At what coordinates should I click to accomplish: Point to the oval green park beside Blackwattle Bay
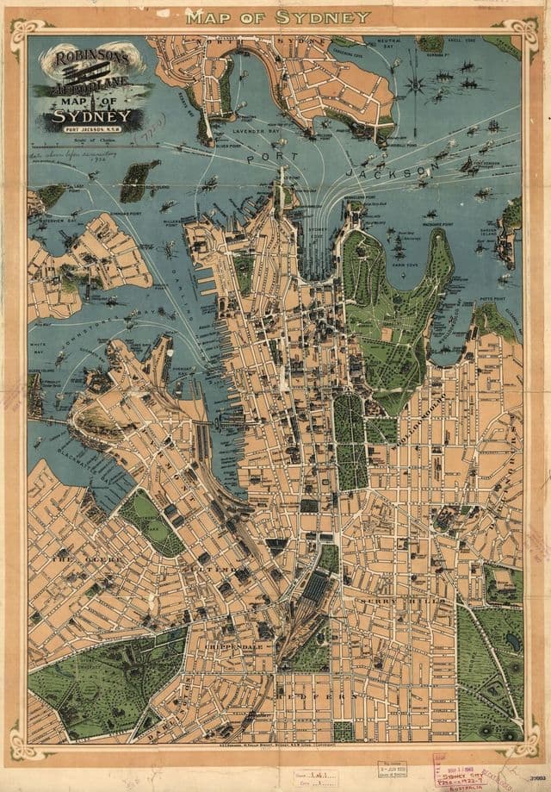pyautogui.click(x=152, y=521)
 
